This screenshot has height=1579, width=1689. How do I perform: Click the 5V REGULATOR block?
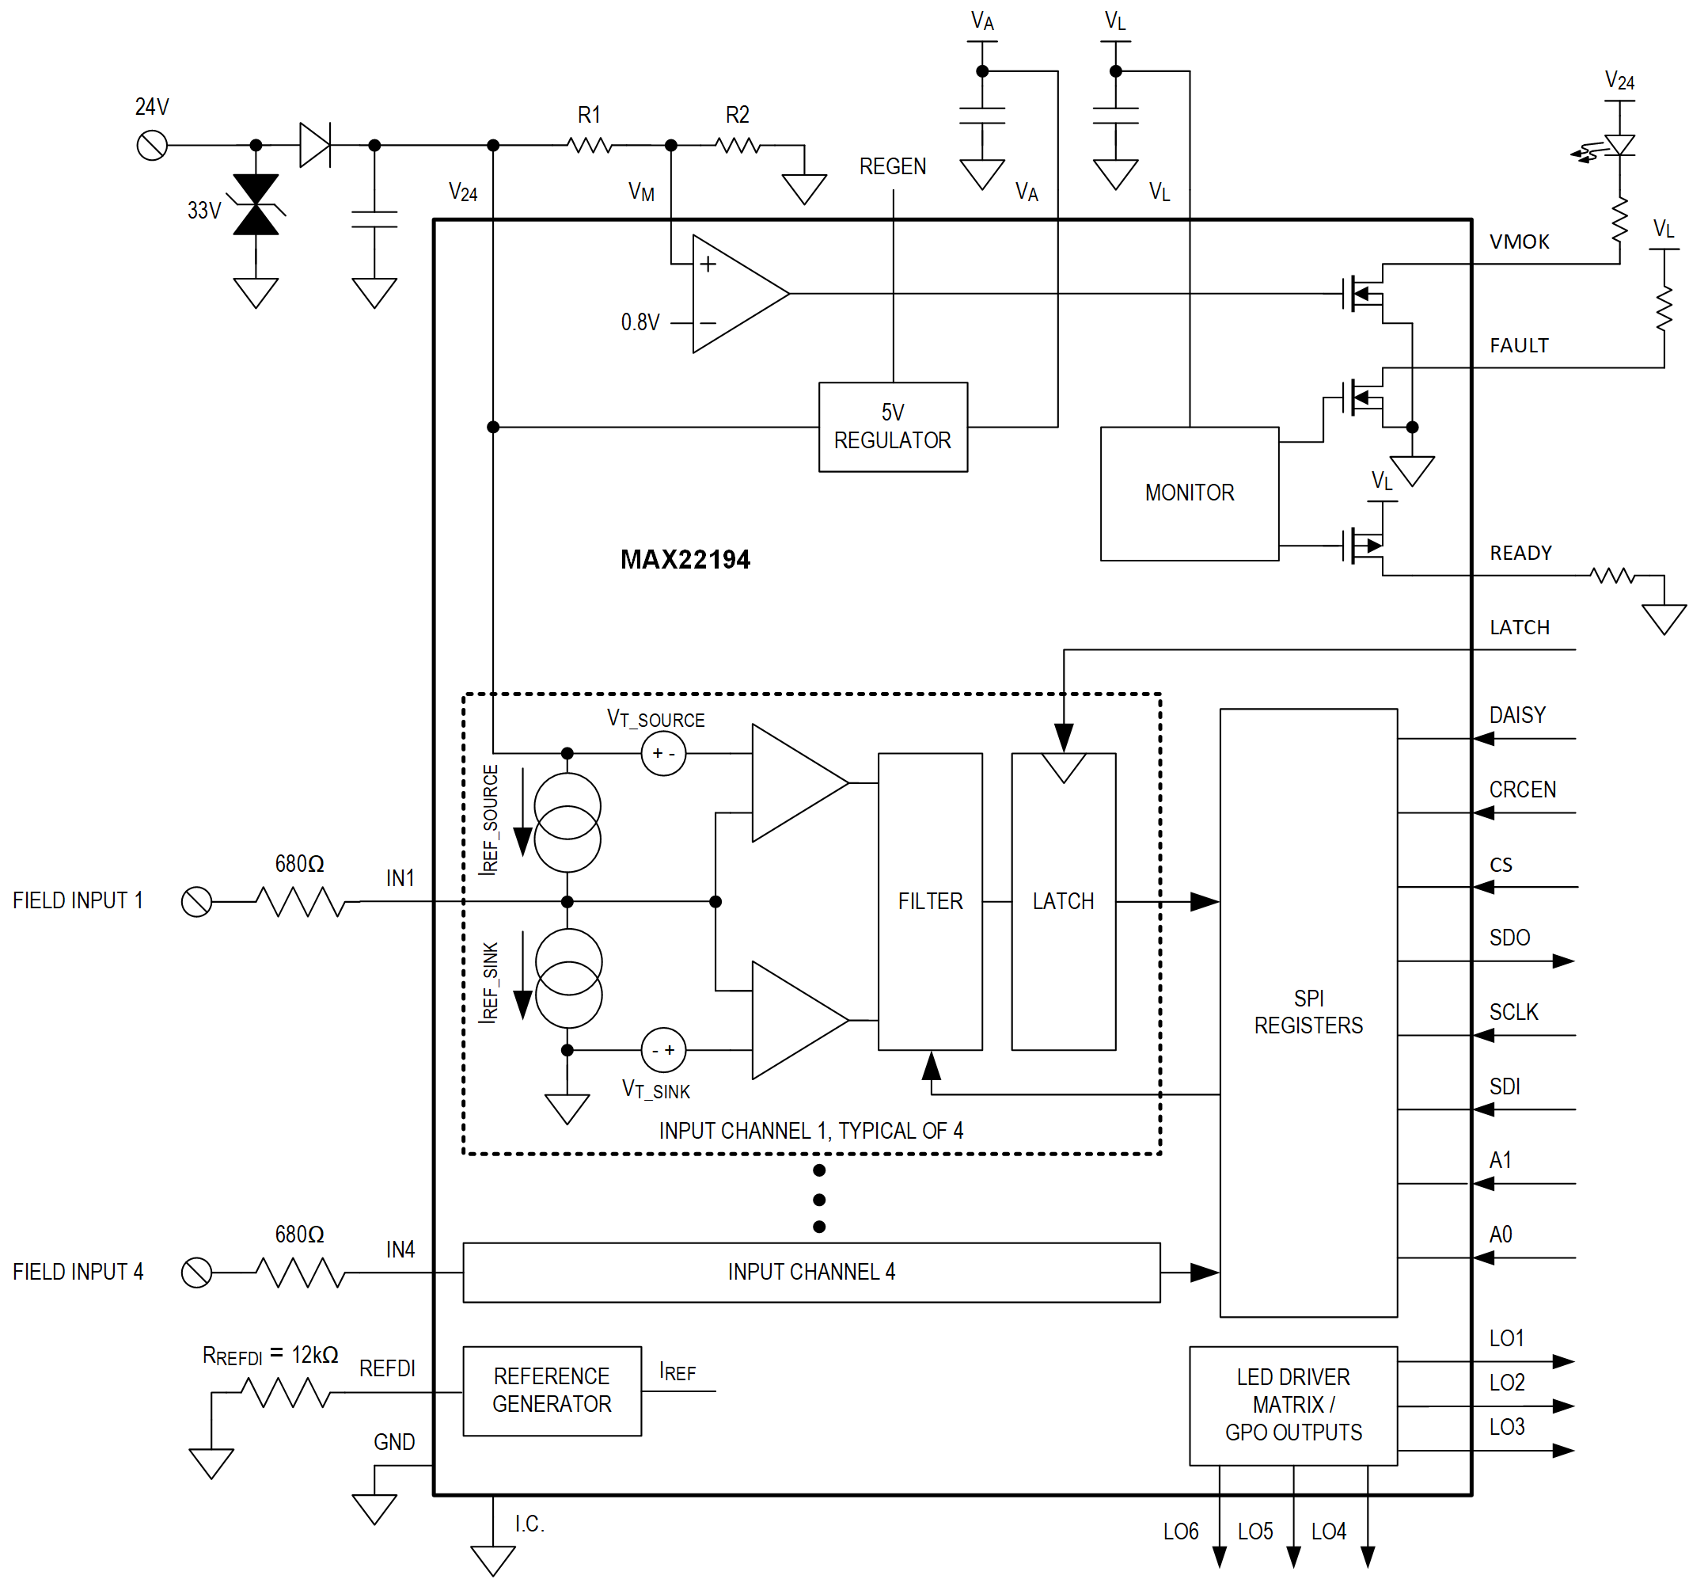(x=892, y=427)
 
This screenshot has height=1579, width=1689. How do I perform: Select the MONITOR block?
(x=1189, y=493)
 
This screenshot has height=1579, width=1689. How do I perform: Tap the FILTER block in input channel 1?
(x=929, y=901)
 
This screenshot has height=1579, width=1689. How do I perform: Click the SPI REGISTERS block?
(x=1308, y=1011)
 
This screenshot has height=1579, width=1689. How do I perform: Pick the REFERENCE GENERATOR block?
(x=552, y=1391)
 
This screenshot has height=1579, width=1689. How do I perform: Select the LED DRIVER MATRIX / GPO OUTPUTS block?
(x=1292, y=1405)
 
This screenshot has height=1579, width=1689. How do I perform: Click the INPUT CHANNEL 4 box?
(x=810, y=1272)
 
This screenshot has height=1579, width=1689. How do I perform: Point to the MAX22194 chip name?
(x=685, y=559)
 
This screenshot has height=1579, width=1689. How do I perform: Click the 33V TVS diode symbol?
(x=256, y=205)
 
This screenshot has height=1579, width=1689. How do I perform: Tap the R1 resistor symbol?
(x=590, y=146)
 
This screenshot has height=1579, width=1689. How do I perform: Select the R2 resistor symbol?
(x=738, y=146)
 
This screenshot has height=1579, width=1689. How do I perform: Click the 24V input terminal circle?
(x=152, y=146)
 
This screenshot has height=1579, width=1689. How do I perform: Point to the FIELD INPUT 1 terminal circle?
(x=196, y=901)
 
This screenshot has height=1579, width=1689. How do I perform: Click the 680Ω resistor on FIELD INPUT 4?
(x=301, y=1273)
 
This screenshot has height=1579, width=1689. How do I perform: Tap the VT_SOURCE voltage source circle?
(x=662, y=753)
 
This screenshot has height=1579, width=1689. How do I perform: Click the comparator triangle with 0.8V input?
(x=735, y=293)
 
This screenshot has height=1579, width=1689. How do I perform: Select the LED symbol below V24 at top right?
(x=1619, y=146)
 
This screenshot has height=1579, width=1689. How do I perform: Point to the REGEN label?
(x=892, y=166)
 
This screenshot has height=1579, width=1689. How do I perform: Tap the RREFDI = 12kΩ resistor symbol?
(x=285, y=1393)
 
